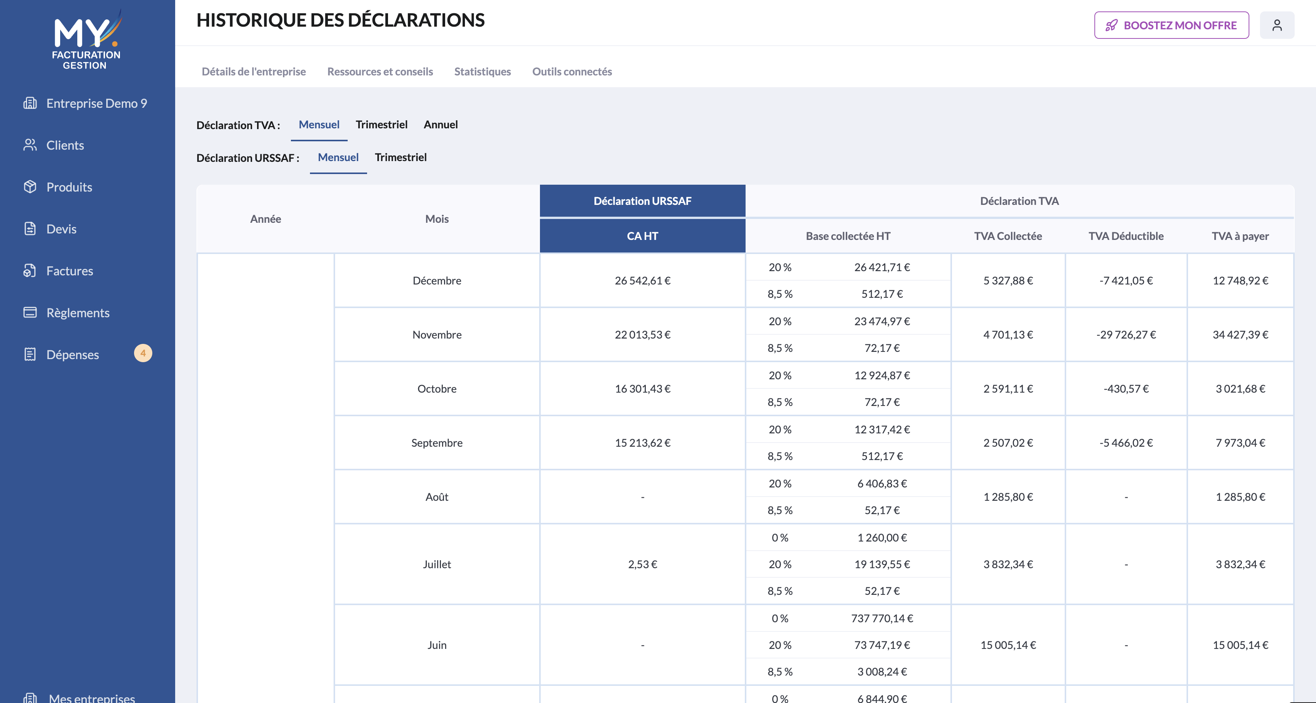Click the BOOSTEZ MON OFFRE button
click(x=1171, y=25)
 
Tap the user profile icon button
click(x=1277, y=25)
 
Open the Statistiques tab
click(x=482, y=72)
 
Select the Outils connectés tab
click(x=572, y=72)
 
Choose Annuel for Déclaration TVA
click(x=440, y=125)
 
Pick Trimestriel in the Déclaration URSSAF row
click(x=401, y=157)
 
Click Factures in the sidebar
click(x=69, y=271)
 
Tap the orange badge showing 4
click(x=143, y=353)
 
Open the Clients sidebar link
click(x=65, y=145)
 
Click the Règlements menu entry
click(x=78, y=313)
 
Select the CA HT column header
click(x=642, y=236)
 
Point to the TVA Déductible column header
click(x=1126, y=236)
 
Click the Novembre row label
click(x=437, y=335)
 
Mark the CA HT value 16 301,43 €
click(x=642, y=389)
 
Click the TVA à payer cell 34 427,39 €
click(x=1240, y=335)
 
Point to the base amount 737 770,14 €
click(x=882, y=618)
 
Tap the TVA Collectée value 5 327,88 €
click(x=1008, y=281)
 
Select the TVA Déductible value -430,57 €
click(x=1126, y=389)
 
